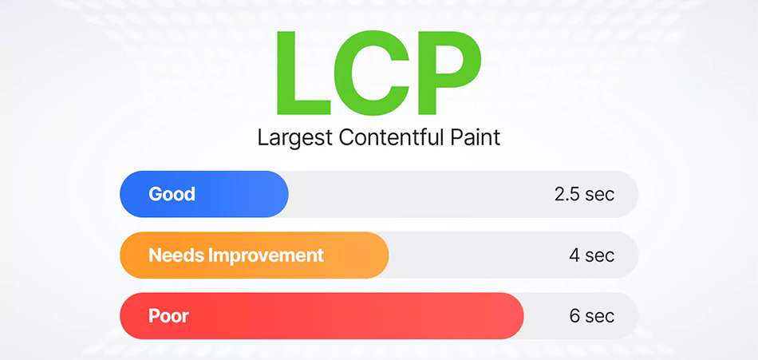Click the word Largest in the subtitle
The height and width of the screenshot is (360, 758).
(294, 137)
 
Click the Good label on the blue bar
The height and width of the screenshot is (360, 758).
(172, 194)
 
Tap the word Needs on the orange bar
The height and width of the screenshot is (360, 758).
(176, 255)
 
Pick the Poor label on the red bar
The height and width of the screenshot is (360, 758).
(168, 316)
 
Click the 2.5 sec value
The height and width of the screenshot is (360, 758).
(584, 194)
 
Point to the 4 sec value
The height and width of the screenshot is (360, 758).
(592, 255)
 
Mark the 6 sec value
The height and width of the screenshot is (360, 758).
(592, 316)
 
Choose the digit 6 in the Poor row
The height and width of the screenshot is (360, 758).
(574, 316)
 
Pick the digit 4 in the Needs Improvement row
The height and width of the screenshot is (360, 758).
(574, 255)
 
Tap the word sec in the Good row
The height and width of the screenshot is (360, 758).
(600, 194)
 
